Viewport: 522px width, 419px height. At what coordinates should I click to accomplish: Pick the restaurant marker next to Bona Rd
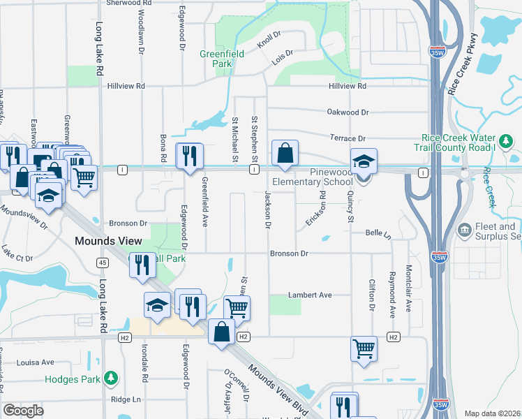tap(188, 157)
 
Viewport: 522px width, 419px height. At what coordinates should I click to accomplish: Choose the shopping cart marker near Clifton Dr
tap(364, 348)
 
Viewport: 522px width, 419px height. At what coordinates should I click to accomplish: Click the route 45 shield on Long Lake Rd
tap(102, 262)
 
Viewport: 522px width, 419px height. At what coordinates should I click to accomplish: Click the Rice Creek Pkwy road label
tap(465, 64)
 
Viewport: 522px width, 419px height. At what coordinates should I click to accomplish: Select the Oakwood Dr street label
tap(347, 112)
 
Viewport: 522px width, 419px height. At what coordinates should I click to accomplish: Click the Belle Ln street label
tap(378, 234)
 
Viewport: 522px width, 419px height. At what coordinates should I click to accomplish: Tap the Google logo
tap(23, 411)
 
